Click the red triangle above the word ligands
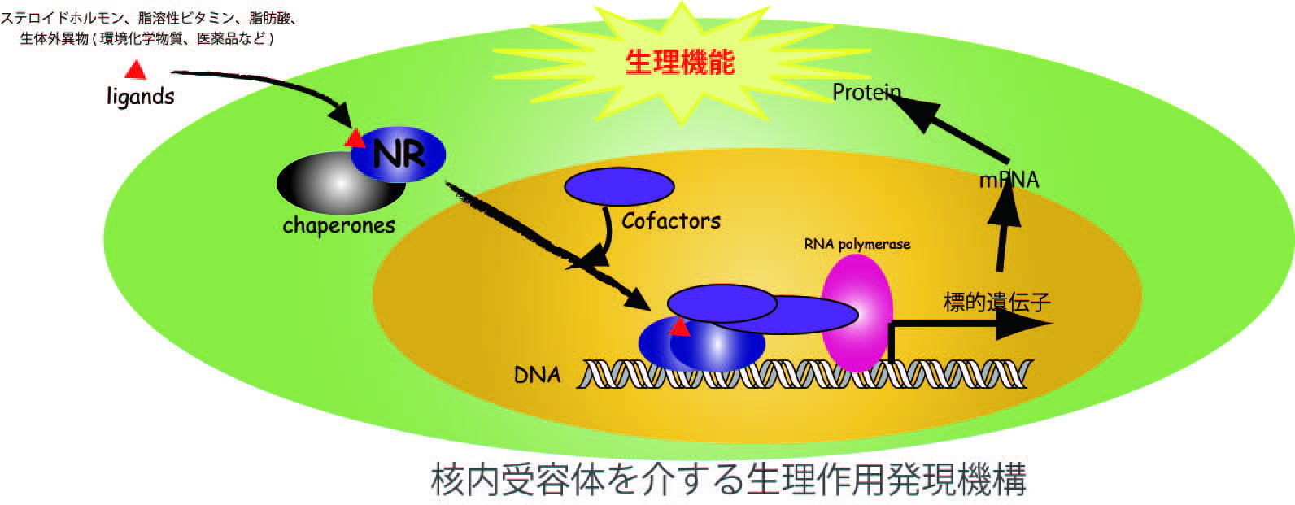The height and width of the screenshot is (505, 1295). click(x=136, y=70)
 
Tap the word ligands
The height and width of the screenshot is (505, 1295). click(x=141, y=96)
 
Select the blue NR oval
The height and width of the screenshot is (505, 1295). click(x=399, y=155)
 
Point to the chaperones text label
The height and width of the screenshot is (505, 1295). click(x=338, y=225)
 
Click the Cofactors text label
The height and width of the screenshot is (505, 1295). click(x=671, y=220)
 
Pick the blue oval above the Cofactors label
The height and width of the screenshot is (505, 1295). click(x=619, y=187)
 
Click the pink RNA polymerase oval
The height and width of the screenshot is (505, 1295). click(x=857, y=312)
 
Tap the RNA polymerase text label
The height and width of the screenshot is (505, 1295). click(x=857, y=245)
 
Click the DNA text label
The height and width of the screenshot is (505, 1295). click(x=538, y=375)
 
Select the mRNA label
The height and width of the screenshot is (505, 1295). click(x=1009, y=181)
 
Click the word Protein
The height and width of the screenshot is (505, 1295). click(x=866, y=92)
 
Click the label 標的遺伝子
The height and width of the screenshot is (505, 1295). click(x=996, y=303)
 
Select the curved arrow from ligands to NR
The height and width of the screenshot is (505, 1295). click(x=272, y=87)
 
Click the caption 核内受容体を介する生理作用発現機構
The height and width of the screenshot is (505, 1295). click(x=729, y=479)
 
